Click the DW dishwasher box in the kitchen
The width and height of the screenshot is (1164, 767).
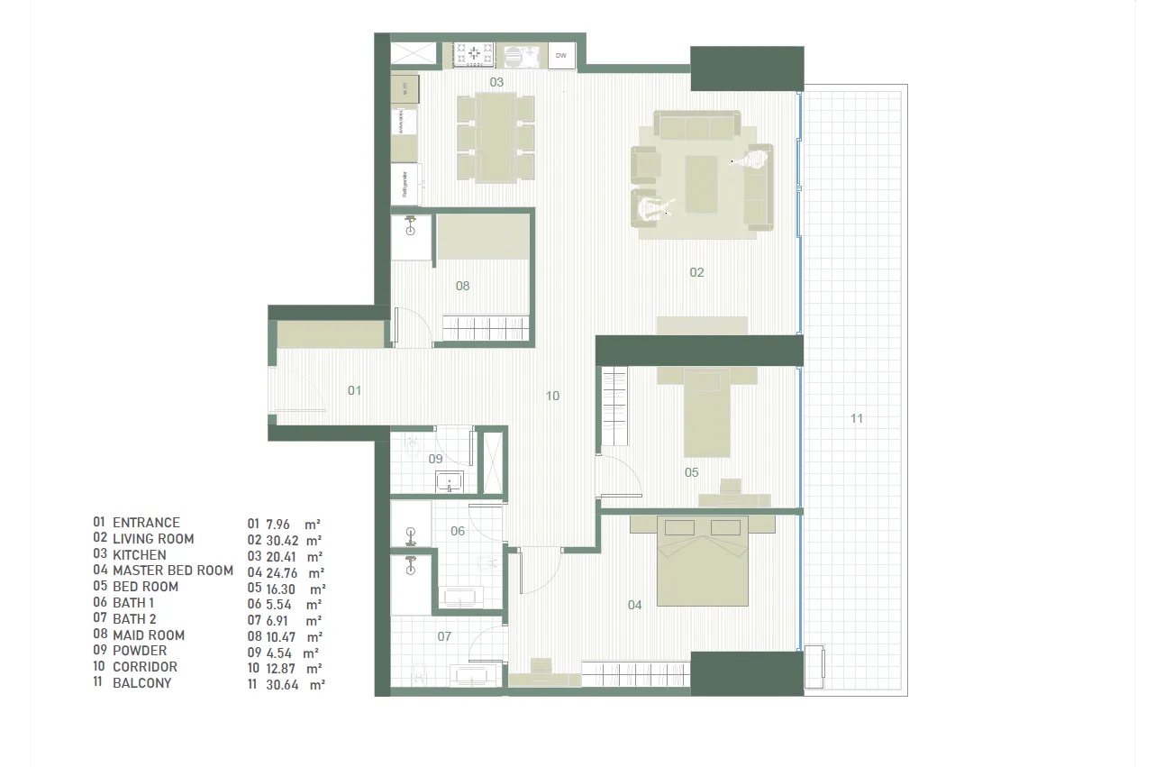click(560, 56)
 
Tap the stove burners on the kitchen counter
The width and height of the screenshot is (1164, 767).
click(472, 55)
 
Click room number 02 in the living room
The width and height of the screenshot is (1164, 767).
click(696, 272)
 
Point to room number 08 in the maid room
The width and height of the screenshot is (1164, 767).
click(462, 287)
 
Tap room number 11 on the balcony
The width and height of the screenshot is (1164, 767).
click(857, 418)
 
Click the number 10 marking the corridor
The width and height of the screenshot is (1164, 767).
click(552, 396)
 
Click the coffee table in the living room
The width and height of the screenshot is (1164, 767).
click(701, 184)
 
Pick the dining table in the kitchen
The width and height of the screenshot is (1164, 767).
click(496, 137)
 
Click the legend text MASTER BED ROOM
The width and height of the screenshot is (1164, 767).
click(173, 571)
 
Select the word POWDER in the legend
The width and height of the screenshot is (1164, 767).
click(140, 651)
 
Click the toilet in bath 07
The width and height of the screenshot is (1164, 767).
click(416, 674)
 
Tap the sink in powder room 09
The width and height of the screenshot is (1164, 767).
click(450, 482)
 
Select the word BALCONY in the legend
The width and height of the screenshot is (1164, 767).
click(141, 683)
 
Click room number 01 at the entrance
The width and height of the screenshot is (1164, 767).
click(354, 390)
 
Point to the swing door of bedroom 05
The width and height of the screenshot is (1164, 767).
click(619, 476)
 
